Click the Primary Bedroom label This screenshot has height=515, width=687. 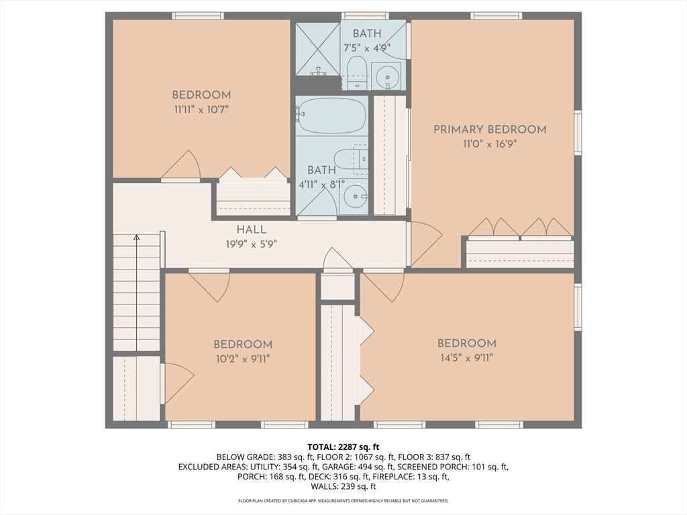(490, 129)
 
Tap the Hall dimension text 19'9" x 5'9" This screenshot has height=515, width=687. (252, 244)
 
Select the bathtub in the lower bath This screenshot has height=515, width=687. (331, 115)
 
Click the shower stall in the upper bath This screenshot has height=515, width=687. (318, 48)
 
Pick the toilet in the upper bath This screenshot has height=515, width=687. (356, 72)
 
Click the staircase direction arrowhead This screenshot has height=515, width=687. (137, 237)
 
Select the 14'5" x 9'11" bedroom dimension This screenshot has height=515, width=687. (467, 358)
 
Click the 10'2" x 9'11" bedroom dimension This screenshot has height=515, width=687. (243, 359)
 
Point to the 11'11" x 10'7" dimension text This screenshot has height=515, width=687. (201, 109)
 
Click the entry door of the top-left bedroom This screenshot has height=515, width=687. (181, 165)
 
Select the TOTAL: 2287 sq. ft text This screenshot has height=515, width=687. (343, 447)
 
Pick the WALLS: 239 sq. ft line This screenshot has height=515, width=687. (343, 486)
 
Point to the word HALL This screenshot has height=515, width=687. (252, 229)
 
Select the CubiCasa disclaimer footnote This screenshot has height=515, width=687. (343, 500)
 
